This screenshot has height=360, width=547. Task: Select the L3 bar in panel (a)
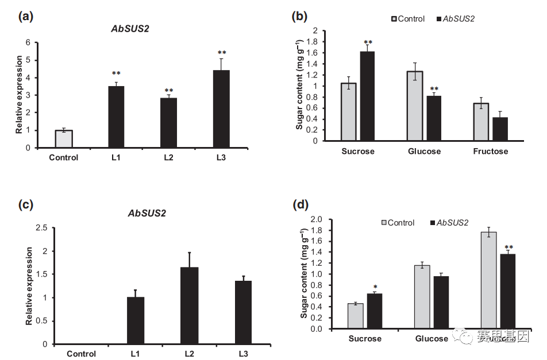tap(221, 109)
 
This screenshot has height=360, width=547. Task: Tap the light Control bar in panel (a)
tap(63, 139)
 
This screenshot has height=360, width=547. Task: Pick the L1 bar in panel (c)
tap(136, 320)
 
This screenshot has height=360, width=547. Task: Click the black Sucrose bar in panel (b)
tap(367, 96)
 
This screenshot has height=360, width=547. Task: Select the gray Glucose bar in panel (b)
tap(414, 106)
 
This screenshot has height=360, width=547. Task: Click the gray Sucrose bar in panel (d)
tap(356, 316)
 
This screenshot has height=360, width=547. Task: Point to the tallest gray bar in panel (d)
tap(489, 280)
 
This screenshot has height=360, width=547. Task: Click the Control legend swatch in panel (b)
tap(394, 19)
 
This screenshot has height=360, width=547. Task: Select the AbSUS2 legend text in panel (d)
tap(452, 222)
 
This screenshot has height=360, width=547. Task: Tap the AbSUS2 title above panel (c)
tap(147, 213)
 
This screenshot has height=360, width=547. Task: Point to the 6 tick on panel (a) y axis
tap(28, 42)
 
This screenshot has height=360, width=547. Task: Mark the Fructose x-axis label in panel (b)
tap(491, 151)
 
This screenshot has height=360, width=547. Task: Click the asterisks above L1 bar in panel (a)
tap(116, 73)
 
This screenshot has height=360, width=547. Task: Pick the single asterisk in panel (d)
tap(375, 287)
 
